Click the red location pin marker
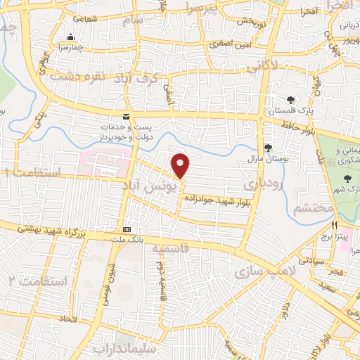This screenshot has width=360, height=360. pos(181,165)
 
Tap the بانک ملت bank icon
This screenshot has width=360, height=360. pos(127,229)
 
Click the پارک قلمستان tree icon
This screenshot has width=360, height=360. pos(290,99)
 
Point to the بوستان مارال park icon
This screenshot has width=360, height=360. pos(267,148)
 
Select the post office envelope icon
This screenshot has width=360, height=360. pos(126,116)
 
